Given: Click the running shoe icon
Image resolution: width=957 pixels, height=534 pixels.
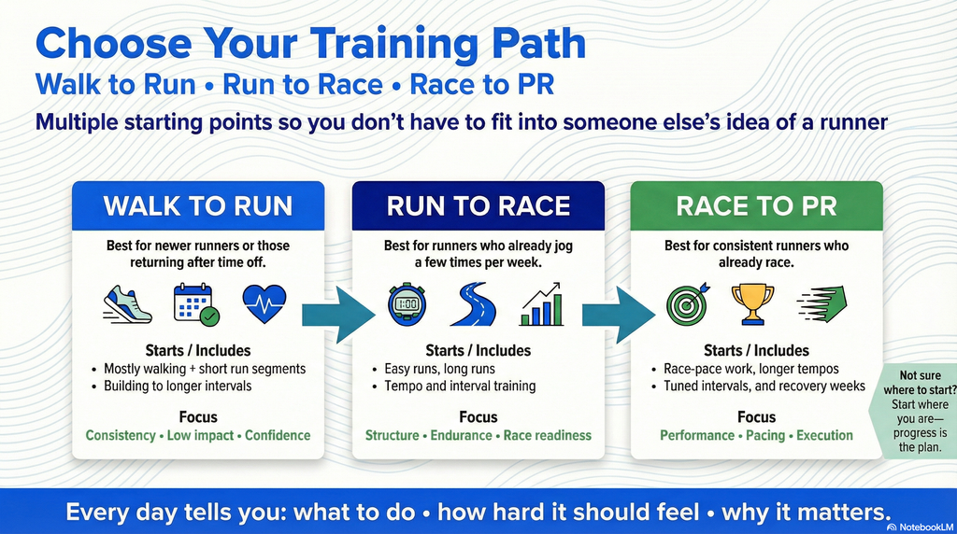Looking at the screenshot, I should pos(127,305).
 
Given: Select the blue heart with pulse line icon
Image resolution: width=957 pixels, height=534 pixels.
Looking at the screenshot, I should pos(264,304).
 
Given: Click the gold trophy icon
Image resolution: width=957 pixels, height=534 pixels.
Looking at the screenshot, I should pos(752,303).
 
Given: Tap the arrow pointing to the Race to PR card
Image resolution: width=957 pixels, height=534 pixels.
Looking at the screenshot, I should pos(617,307).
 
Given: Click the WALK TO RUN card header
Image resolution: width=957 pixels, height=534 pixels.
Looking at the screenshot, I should pos(198,205).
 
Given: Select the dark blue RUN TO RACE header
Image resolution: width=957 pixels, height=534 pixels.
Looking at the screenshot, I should pos(478,205).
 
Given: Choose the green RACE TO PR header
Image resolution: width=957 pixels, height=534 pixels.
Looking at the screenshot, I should pos(756,205).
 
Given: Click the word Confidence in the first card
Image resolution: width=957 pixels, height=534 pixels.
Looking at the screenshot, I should pos(278,435).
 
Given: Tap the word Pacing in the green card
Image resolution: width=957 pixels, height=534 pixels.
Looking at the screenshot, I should pos(765,435).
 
